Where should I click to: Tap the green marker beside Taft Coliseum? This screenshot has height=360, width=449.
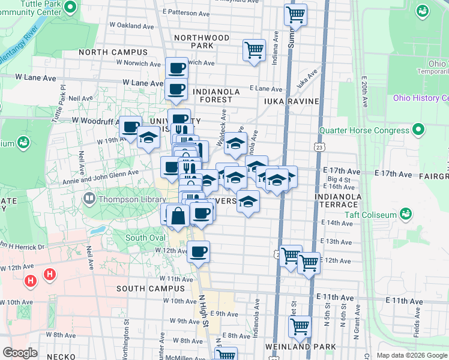(406, 214)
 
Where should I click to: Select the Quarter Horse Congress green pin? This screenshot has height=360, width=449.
(419, 130)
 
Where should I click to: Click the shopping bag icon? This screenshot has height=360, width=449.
(178, 216)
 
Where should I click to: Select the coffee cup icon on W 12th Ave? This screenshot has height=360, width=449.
(198, 252)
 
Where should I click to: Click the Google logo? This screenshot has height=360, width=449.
(20, 353)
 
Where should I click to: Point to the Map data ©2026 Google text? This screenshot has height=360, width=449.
(412, 355)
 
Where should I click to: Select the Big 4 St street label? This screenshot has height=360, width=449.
(339, 179)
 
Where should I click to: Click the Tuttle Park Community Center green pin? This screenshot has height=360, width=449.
(70, 8)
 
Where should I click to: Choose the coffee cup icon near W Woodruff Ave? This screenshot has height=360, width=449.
(130, 127)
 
